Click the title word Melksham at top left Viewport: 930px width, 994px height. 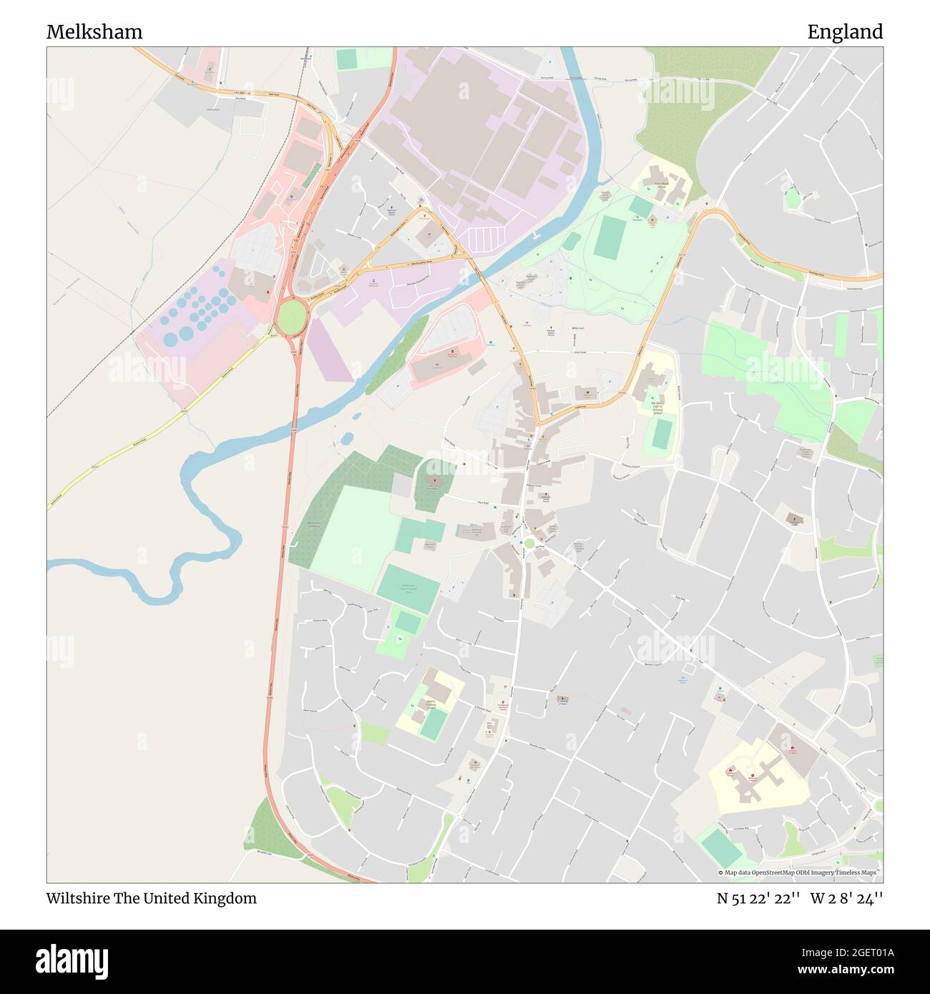94,32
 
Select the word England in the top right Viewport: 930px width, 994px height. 845,32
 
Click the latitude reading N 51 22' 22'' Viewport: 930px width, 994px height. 758,898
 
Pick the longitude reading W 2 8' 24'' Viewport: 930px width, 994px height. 846,898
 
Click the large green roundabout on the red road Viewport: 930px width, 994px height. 291,318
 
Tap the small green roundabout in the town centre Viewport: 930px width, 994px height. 529,543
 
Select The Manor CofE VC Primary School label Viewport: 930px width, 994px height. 657,408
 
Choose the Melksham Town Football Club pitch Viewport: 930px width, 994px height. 408,587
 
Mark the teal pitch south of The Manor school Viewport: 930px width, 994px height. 662,433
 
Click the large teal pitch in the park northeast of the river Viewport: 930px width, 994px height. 609,238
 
